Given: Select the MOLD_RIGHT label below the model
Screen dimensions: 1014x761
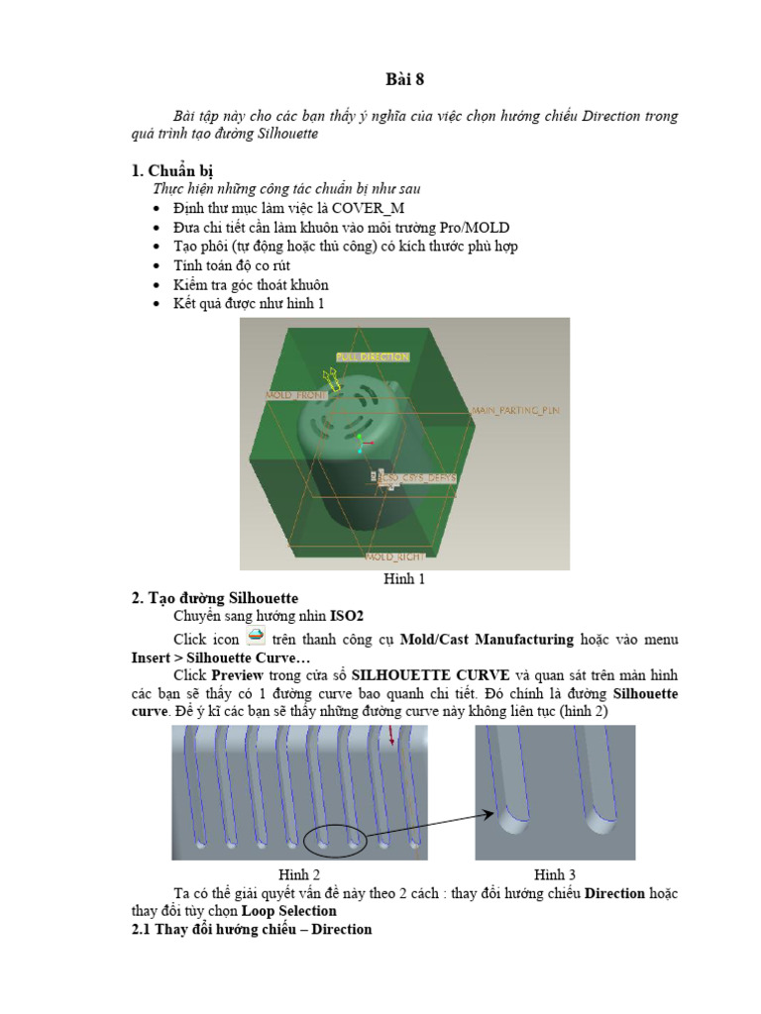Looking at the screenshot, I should [394, 558].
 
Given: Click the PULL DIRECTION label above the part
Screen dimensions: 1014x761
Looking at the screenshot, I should [372, 356].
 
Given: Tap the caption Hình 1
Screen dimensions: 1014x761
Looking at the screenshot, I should [404, 579].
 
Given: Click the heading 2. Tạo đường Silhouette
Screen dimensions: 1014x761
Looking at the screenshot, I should [215, 598].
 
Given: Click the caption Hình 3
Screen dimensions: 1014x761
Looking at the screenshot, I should [555, 874].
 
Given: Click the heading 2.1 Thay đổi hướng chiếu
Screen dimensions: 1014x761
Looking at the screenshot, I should [252, 930].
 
